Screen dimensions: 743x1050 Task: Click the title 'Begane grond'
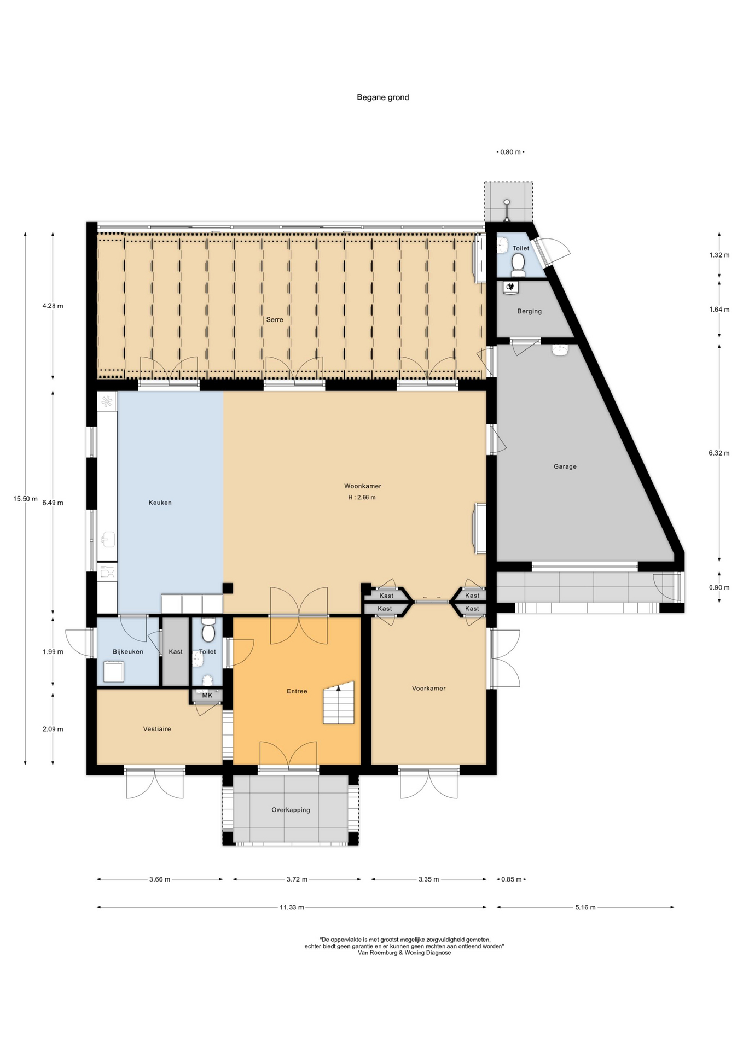[382, 97]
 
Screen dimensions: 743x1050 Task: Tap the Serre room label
[275, 319]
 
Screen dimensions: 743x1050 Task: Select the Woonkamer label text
[363, 486]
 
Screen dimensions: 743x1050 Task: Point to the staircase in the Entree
[339, 703]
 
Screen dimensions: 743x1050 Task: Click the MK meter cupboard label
[207, 695]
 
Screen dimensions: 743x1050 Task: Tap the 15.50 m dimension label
[26, 499]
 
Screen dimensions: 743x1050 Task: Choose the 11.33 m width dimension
[292, 907]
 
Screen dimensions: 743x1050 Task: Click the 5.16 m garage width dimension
[585, 907]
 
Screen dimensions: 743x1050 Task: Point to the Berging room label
[530, 311]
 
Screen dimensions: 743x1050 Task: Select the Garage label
[565, 466]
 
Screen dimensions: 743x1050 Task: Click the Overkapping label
[291, 810]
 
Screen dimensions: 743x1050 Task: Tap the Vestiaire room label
[157, 729]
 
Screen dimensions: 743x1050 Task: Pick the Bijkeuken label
[128, 651]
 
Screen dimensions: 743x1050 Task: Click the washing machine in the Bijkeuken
[114, 672]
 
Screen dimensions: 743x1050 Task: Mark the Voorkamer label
[429, 689]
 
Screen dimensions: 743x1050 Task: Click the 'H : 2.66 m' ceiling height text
[362, 498]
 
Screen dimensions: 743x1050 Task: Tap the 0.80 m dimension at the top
[510, 152]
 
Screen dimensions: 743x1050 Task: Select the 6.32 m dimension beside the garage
[719, 453]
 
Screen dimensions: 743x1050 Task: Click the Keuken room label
[160, 503]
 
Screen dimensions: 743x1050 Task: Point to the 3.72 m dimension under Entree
[297, 879]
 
